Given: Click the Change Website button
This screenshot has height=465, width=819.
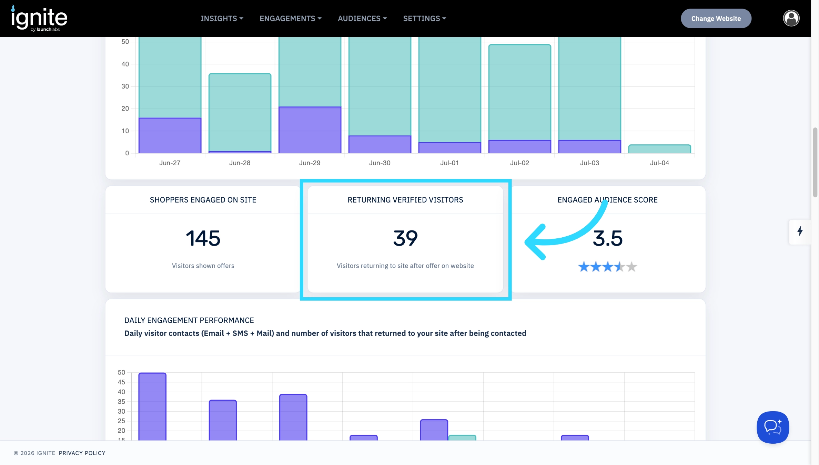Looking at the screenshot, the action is [x=716, y=19].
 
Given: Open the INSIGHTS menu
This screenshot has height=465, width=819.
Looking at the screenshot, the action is [x=222, y=19].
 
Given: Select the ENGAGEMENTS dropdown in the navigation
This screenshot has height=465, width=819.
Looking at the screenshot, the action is [x=291, y=19].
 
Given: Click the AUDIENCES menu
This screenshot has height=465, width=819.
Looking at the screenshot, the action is [x=362, y=19].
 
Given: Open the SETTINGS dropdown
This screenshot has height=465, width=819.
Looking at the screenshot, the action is [x=425, y=19].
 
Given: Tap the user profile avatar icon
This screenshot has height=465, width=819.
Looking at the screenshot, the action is [x=791, y=18].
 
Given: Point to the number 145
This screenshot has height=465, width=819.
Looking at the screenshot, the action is [x=203, y=238].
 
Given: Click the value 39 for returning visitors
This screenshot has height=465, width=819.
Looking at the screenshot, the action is [x=405, y=238].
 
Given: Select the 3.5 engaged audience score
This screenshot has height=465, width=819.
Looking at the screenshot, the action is [x=608, y=238].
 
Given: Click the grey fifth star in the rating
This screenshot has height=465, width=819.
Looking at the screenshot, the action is [x=631, y=267].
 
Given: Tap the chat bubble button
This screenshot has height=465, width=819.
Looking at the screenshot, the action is [x=773, y=427].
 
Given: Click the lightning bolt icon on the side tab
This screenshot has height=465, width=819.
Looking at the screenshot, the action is [x=800, y=231].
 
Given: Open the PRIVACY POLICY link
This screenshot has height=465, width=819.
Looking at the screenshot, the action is [x=82, y=453].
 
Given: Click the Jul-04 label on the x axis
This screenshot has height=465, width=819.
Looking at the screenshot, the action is [x=659, y=163].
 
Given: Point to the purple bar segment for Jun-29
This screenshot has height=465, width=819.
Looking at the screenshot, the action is [x=310, y=130].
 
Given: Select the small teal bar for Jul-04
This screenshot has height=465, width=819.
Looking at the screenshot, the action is [x=660, y=149].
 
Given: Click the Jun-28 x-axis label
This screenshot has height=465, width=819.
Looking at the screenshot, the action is [x=240, y=163].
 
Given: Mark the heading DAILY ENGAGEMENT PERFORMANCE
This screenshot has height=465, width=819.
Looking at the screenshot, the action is [x=189, y=320].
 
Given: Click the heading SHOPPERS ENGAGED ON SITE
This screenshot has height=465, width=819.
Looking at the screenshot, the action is [x=203, y=200].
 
